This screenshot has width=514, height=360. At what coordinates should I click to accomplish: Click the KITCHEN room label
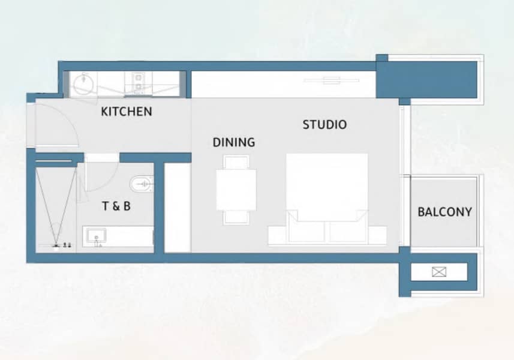point(127,112)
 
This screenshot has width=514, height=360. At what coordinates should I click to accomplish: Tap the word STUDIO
point(324,125)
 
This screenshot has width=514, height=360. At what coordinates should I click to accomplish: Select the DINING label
point(234,142)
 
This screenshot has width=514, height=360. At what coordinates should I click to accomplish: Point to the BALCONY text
point(444,212)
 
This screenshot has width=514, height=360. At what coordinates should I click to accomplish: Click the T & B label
point(116,206)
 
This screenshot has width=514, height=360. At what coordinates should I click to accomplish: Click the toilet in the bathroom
point(142,184)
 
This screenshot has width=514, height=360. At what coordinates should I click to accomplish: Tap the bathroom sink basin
point(96,236)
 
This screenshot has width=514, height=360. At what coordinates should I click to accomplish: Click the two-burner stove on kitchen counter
point(139,82)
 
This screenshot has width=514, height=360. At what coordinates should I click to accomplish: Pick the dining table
point(236,190)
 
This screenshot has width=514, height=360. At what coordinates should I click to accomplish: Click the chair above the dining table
point(236,162)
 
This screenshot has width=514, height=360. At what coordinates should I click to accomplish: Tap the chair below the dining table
point(236,217)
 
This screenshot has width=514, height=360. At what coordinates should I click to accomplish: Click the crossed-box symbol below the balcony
point(439,272)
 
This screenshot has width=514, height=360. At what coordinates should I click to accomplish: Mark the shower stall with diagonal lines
point(56,207)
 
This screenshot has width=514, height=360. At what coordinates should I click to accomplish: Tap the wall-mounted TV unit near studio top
point(332,80)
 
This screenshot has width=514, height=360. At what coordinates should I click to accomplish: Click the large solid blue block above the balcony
point(426,80)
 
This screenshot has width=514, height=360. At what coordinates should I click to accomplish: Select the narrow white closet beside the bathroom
point(178,208)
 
